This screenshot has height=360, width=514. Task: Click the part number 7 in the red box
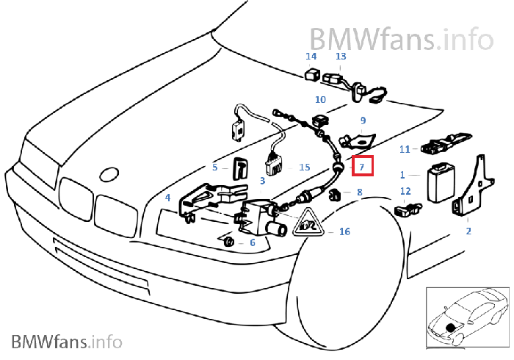pos(361,166)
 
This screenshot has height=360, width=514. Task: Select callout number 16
pos(344,231)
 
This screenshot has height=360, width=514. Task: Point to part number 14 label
pos(311,57)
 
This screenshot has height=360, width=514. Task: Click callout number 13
pos(341,57)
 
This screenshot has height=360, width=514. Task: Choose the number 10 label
pos(321,99)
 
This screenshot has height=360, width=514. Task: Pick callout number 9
pos(362,120)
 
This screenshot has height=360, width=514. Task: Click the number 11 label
pos(405,149)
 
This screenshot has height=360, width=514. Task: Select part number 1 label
pos(402,175)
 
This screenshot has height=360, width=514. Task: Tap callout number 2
pos(468,230)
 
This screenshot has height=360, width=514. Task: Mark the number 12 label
pos(405,192)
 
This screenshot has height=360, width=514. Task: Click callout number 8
pos(359,192)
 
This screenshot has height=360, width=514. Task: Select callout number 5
pos(215,167)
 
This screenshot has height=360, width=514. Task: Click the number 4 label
pos(168,198)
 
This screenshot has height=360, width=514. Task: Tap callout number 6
pos(252,242)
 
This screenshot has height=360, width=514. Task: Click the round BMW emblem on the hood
pos(109,174)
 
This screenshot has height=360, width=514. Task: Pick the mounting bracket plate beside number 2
pos(472,187)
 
